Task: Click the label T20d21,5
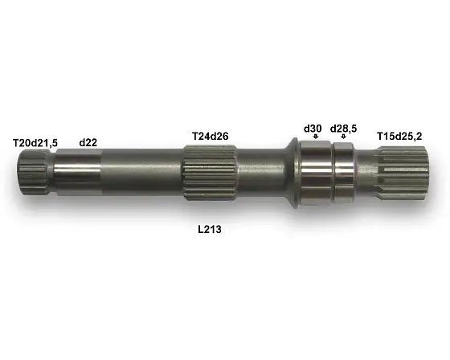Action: tap(35, 142)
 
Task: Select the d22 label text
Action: tap(88, 142)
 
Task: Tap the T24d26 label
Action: tap(211, 135)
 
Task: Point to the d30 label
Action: tap(313, 128)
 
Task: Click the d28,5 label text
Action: tap(344, 128)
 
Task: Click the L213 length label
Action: tap(210, 229)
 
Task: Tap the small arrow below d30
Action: tap(315, 137)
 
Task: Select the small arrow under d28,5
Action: tap(344, 137)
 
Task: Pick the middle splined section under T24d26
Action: tap(209, 172)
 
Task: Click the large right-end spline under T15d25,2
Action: tap(406, 171)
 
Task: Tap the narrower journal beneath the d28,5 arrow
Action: tap(345, 170)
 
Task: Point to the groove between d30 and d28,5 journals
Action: tap(333, 170)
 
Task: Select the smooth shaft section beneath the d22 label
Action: tap(80, 170)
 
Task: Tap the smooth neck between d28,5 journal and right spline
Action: tap(365, 171)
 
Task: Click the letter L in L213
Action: tap(201, 229)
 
